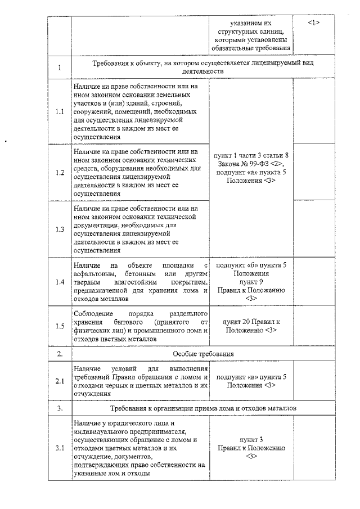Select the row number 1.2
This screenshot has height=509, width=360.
point(60,172)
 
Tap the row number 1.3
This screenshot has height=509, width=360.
point(60,229)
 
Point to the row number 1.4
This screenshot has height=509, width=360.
point(60,281)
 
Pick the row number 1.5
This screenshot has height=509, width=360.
point(60,326)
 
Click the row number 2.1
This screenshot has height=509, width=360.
point(60,381)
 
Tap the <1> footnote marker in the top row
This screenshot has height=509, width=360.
point(314,22)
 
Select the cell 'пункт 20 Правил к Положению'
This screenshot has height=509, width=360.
point(250,326)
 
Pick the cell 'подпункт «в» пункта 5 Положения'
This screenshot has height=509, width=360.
point(251,381)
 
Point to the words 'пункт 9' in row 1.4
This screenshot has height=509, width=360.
point(251,281)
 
